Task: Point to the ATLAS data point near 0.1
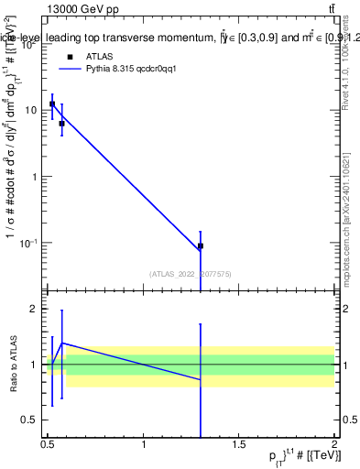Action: click(200, 246)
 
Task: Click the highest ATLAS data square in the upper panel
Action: click(52, 104)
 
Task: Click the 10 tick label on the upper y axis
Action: click(32, 110)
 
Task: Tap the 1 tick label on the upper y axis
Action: click(36, 177)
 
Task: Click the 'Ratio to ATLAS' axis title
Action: click(12, 365)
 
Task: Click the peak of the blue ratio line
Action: click(62, 343)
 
